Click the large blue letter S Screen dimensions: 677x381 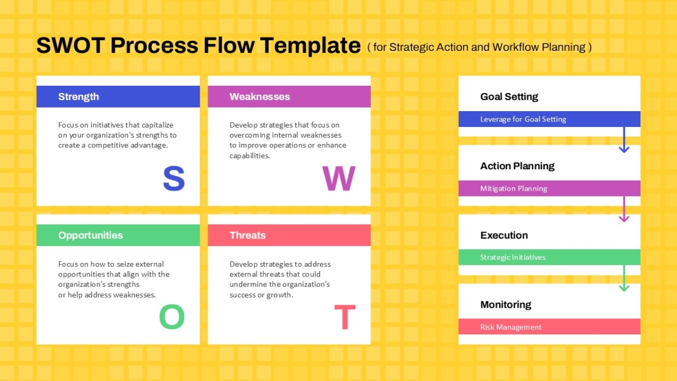point(174,178)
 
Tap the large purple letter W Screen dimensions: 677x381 point(339,178)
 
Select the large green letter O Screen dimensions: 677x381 point(172,317)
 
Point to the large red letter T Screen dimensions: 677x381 point(345,317)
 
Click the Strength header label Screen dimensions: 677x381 point(78,97)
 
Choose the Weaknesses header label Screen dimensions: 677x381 point(260,97)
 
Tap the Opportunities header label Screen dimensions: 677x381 point(90,235)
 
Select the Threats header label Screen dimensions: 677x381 point(248,235)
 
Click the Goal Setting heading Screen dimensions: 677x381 point(509,97)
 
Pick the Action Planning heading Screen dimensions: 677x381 point(517,166)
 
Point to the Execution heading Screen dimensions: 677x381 point(504,235)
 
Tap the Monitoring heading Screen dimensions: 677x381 point(505,305)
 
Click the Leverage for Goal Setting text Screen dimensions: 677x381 point(523,119)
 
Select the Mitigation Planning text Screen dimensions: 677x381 point(513,189)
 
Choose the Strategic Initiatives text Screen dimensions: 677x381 point(513,257)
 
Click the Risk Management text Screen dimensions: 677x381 point(511,327)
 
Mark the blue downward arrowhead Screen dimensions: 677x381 point(624,149)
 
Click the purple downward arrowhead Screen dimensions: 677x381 point(624,218)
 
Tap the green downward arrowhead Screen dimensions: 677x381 point(624,287)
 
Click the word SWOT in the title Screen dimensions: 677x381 point(71,45)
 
